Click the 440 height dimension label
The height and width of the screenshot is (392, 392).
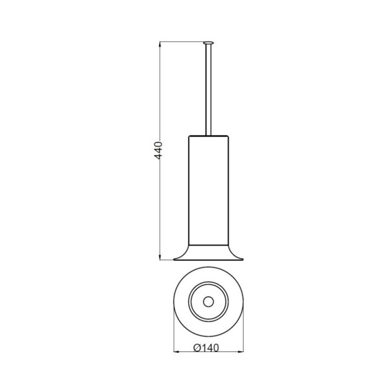158,150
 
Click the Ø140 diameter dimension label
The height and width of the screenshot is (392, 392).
206,348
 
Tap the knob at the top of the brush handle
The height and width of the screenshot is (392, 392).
208,43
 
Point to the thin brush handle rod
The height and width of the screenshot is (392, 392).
208,91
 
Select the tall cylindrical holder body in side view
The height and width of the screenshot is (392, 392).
208,190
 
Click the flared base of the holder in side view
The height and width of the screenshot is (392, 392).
208,252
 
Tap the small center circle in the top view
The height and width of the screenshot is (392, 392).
208,301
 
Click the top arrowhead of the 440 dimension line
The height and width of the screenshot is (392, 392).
160,44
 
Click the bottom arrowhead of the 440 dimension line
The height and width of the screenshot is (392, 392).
160,258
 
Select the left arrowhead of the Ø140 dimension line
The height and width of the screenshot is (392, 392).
176,352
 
